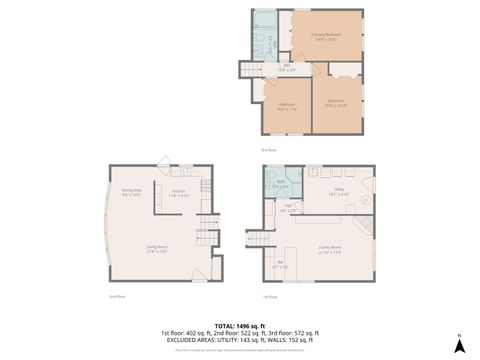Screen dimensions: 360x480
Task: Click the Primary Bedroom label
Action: (326, 37)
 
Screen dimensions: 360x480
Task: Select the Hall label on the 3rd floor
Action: (285, 68)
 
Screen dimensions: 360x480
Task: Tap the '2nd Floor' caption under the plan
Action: (118, 297)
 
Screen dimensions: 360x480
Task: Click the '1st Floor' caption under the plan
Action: (269, 297)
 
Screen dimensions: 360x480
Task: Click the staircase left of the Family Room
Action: (258, 240)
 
